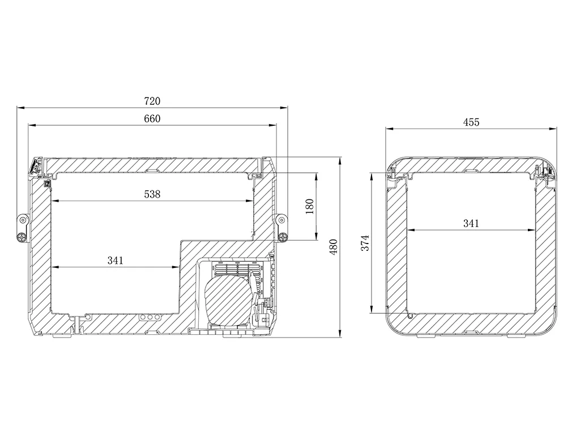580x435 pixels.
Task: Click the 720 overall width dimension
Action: [152, 101]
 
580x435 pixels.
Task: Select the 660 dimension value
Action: [152, 119]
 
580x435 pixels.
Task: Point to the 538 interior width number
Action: [152, 194]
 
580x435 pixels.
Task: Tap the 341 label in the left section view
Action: [116, 261]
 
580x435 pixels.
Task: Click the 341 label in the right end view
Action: [471, 223]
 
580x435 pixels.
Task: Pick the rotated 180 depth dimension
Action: [310, 206]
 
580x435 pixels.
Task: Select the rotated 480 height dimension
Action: [334, 247]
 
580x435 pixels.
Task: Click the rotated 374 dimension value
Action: [365, 242]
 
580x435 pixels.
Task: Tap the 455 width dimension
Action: [471, 122]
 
